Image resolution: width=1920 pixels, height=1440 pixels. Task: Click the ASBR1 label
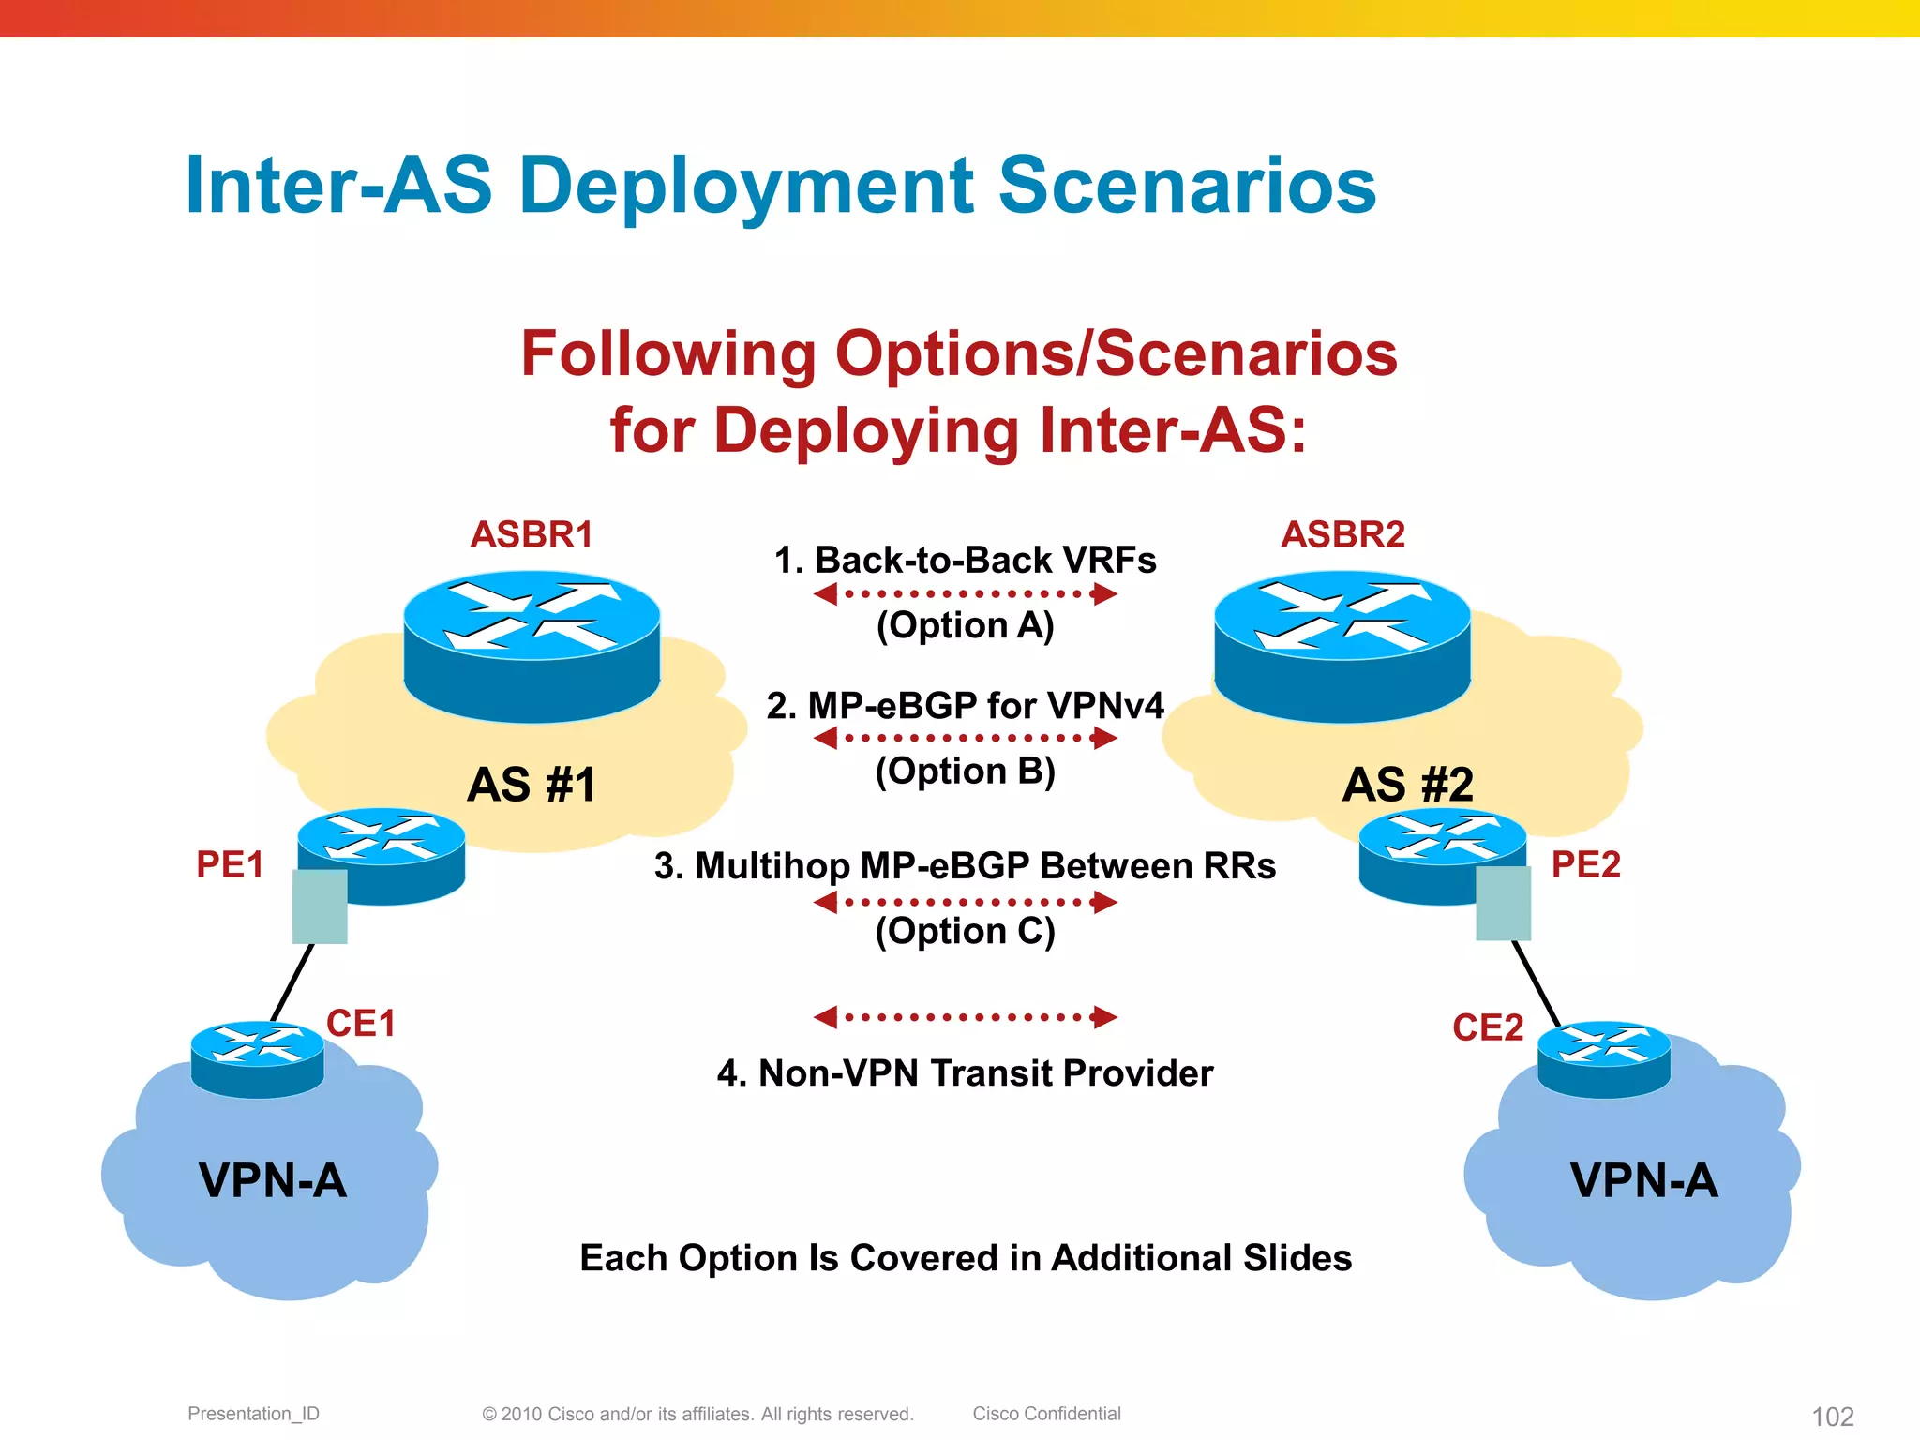(532, 535)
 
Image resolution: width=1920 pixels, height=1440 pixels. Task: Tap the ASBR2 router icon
(1342, 647)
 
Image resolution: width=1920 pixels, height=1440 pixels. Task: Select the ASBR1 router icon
(532, 647)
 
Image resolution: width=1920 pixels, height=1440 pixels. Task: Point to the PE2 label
(1585, 864)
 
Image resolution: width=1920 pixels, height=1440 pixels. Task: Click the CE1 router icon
(257, 1059)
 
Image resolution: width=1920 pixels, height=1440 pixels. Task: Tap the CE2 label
(1487, 1028)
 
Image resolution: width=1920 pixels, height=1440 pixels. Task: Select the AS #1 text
(532, 785)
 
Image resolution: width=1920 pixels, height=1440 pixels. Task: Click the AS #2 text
(1407, 785)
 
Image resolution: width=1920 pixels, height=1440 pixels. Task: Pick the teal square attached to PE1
(320, 907)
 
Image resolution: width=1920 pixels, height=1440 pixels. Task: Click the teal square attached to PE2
(1503, 904)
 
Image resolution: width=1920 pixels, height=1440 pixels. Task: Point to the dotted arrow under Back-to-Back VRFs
(965, 593)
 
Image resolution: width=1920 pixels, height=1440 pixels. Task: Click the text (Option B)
(965, 771)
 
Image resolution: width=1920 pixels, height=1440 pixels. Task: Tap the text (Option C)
(965, 931)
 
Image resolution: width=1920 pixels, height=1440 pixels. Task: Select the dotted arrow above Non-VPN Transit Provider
(965, 1017)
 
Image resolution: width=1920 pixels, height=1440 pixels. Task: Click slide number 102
(1832, 1417)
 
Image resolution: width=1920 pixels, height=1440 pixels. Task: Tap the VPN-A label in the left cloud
(272, 1180)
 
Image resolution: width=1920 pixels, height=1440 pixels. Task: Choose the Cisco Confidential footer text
(1046, 1414)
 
